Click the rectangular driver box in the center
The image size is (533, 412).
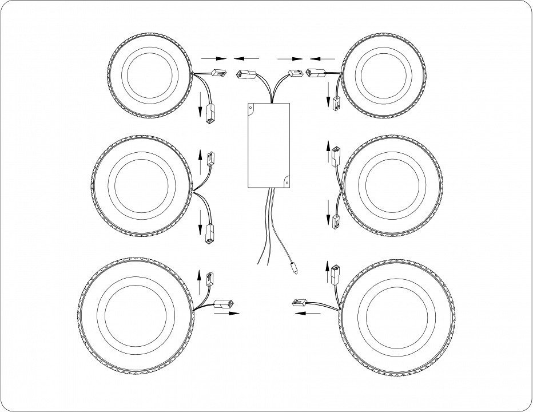269,145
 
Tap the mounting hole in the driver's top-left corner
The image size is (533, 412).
252,106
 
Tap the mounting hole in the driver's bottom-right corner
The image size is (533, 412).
287,182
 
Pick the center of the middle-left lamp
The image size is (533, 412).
141,185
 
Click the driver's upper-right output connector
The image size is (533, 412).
295,73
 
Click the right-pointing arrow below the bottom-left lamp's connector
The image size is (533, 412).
226,314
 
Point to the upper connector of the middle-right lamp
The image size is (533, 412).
336,155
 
